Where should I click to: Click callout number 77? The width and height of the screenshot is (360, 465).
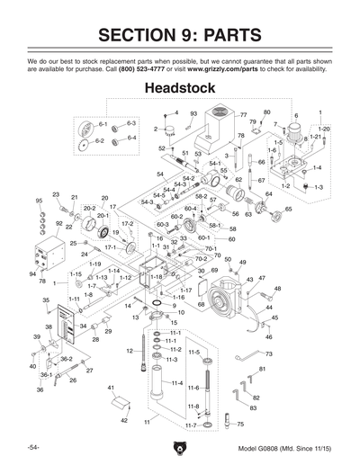click(x=242, y=115)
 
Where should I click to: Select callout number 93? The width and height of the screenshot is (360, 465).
click(x=193, y=112)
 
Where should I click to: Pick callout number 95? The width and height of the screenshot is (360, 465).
click(x=39, y=201)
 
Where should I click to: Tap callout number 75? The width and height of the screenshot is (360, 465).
click(x=239, y=423)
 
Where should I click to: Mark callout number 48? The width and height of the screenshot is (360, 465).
click(x=277, y=289)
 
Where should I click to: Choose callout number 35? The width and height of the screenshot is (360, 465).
click(x=45, y=300)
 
